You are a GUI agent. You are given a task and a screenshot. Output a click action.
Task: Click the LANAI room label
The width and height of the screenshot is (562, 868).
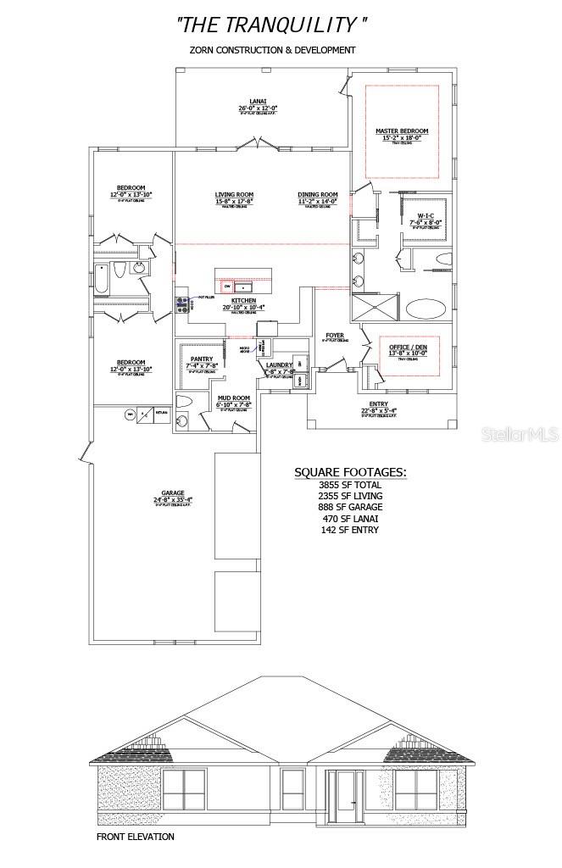tap(259, 101)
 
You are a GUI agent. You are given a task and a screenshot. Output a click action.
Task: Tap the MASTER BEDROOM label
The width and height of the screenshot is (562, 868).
tap(402, 131)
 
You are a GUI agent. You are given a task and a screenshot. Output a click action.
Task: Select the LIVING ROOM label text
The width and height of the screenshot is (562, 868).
tap(235, 196)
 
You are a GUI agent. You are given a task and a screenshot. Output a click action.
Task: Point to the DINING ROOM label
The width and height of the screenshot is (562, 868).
tap(318, 196)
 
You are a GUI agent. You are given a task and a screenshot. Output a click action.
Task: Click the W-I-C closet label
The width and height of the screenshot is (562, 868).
tap(426, 215)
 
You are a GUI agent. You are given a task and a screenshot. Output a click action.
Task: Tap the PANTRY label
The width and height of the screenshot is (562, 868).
tap(202, 359)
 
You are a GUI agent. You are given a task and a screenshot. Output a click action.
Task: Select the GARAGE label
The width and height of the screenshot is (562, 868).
tap(173, 492)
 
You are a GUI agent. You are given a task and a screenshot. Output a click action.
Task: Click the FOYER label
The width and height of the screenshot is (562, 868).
tap(335, 336)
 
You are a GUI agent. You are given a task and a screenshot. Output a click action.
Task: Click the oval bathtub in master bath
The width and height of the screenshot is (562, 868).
tap(429, 308)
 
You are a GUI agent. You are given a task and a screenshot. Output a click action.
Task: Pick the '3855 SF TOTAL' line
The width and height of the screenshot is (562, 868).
tap(350, 485)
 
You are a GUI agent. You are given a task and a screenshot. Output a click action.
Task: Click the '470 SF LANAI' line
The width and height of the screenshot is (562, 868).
tap(350, 518)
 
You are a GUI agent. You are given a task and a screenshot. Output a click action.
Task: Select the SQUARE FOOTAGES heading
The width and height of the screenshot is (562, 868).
tap(349, 472)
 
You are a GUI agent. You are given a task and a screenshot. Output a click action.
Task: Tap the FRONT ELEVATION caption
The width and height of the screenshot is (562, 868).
tap(136, 837)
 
